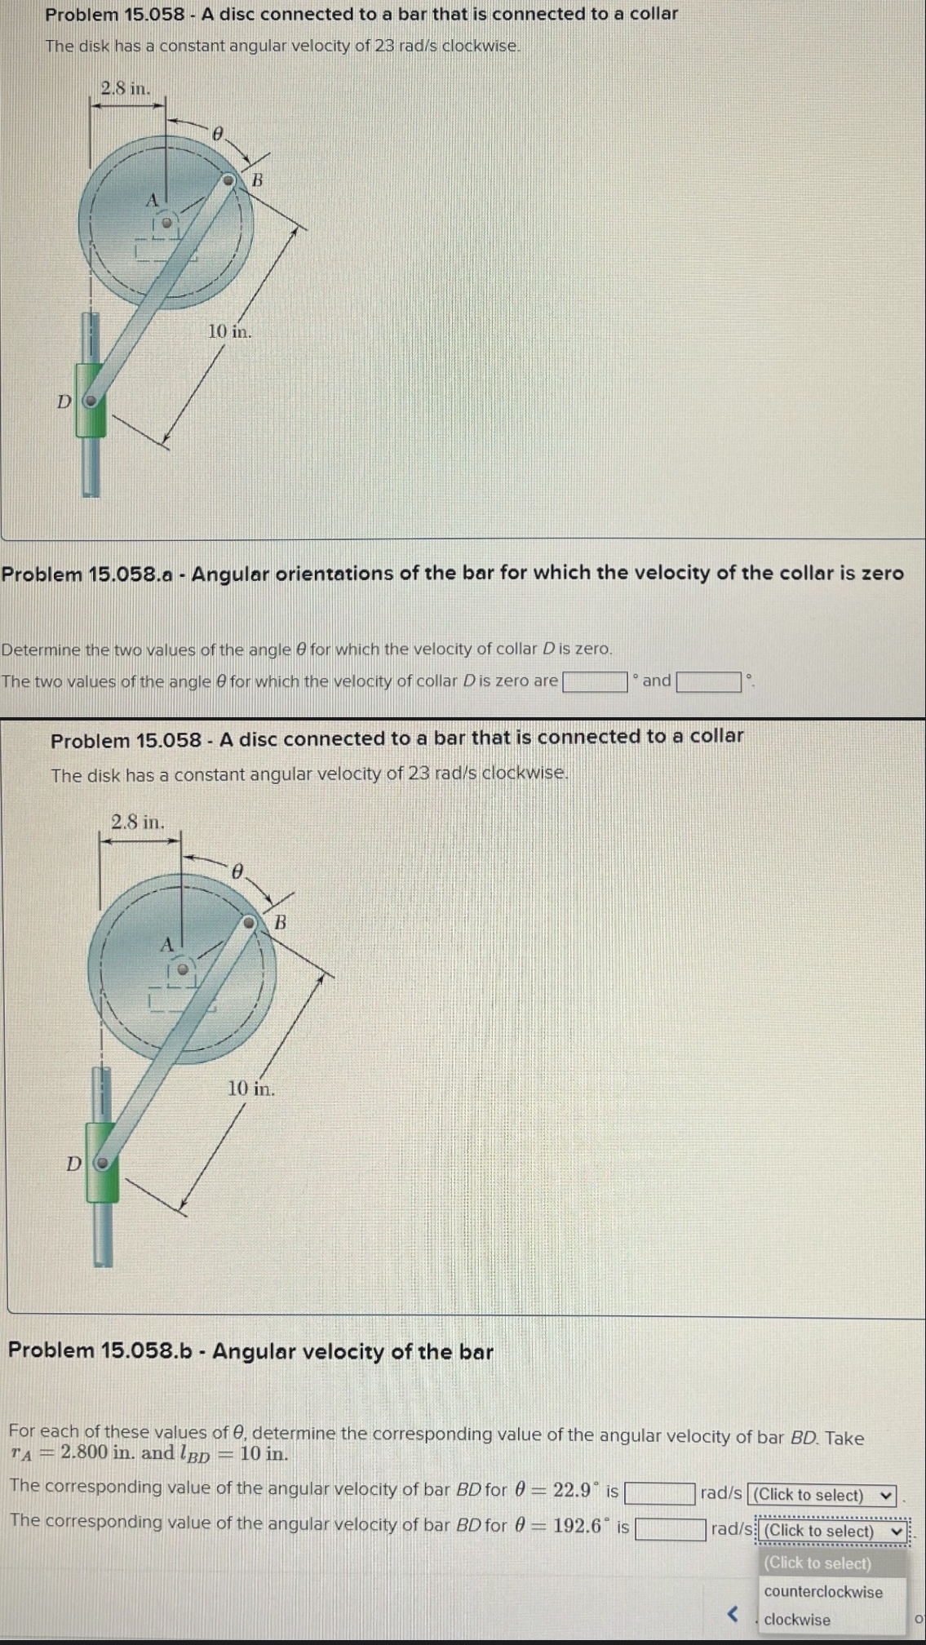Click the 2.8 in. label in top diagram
(125, 88)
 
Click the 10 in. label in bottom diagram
(250, 1088)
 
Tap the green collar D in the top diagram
(91, 401)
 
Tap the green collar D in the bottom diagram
(103, 1162)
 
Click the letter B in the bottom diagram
(280, 924)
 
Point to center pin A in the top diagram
(166, 221)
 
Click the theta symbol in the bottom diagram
(237, 871)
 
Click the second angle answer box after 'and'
(707, 681)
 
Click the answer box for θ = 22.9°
(659, 1493)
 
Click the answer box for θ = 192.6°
(670, 1528)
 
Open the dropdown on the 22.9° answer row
(822, 1495)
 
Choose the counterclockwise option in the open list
(822, 1591)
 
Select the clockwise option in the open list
(797, 1620)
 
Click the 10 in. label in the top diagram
(229, 331)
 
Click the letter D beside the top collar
(63, 401)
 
